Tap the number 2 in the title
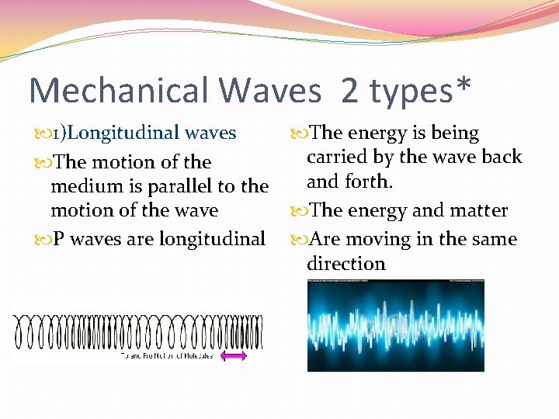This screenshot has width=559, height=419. [x=349, y=91]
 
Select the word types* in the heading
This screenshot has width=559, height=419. [x=419, y=91]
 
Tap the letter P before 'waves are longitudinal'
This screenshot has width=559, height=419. [x=58, y=239]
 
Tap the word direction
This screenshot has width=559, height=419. [x=345, y=264]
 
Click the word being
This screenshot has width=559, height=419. [x=454, y=133]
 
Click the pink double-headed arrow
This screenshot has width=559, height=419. [x=234, y=355]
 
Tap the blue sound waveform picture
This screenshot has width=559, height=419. [x=395, y=326]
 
